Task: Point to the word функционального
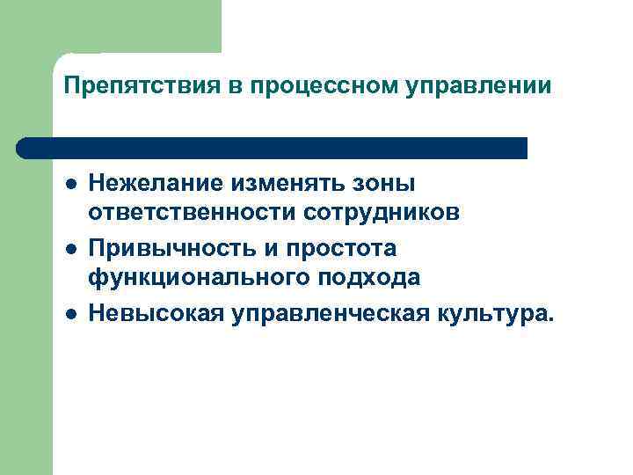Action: (190, 278)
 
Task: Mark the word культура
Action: (492, 313)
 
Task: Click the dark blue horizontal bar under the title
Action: (273, 148)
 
